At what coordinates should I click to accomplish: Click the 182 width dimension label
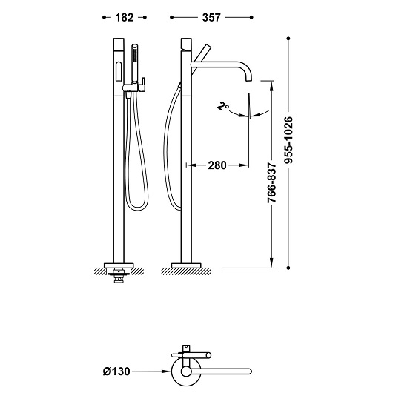coord(125,18)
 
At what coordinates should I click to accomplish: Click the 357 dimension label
coord(211,18)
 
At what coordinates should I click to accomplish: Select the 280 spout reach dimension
coord(217,165)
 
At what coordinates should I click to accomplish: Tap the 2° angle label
coord(222,106)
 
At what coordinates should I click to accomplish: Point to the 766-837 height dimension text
coord(271,182)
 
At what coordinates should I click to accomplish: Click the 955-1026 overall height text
coord(288,140)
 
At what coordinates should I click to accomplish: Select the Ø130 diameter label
coord(116,371)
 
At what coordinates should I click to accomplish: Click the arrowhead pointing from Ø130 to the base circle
coord(166,371)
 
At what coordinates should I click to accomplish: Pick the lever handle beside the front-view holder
coord(143,84)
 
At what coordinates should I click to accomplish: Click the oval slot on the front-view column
coord(119,72)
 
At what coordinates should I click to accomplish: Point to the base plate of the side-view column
coord(186,265)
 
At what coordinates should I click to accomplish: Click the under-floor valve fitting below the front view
coord(119,275)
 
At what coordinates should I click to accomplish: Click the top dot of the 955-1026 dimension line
coord(288,39)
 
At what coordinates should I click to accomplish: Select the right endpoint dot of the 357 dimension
coord(251,17)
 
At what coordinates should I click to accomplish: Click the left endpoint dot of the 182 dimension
coord(104,17)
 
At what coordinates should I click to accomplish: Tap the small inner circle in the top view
coord(186,371)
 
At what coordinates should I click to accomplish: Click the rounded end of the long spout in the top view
coord(249,371)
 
